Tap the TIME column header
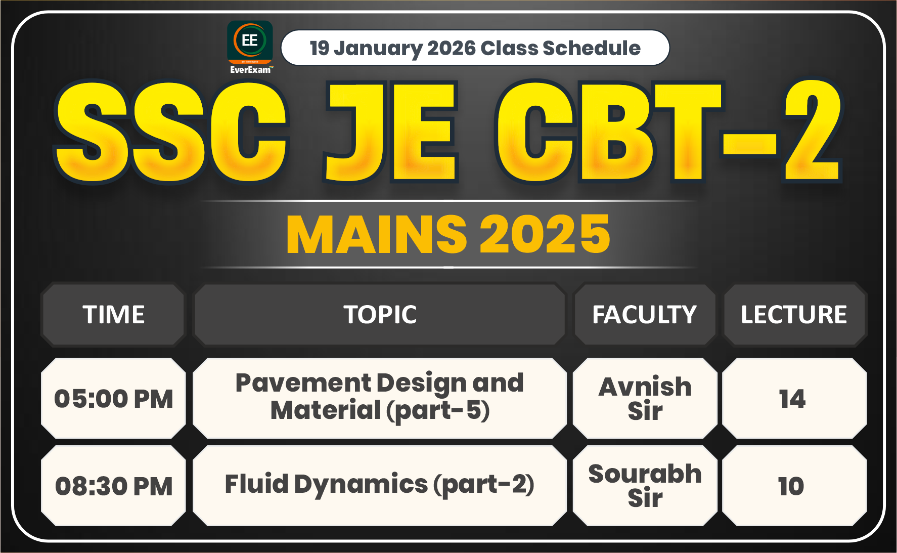click(x=114, y=315)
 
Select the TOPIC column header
click(x=380, y=315)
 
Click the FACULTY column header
click(x=645, y=315)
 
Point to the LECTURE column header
click(x=794, y=315)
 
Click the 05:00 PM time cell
click(x=114, y=399)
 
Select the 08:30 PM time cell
click(x=114, y=486)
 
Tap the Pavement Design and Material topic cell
click(x=380, y=397)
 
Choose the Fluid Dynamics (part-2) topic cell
click(x=380, y=485)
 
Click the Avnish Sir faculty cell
click(x=645, y=398)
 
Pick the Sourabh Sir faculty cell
click(x=645, y=486)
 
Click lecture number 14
click(x=792, y=399)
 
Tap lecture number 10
click(x=791, y=486)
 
